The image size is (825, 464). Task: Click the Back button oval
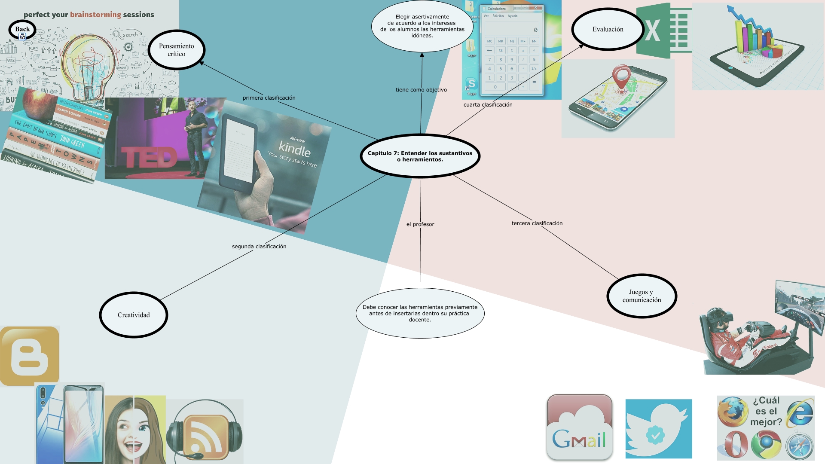(x=22, y=30)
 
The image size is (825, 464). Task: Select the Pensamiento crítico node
(x=177, y=50)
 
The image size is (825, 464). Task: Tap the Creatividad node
(x=134, y=315)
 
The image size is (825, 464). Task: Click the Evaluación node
(x=608, y=29)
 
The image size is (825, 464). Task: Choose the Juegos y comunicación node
(x=642, y=296)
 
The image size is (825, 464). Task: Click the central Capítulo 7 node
(x=420, y=156)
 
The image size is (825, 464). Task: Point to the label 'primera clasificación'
(x=269, y=98)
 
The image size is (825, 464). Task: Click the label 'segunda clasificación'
(x=259, y=247)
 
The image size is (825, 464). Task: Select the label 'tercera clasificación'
(x=537, y=223)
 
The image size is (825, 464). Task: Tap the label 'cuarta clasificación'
(x=488, y=105)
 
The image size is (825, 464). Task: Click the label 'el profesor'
(x=420, y=224)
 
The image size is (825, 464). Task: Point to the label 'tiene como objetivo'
(x=421, y=90)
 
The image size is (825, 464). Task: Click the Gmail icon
(x=579, y=427)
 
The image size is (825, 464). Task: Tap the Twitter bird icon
(x=658, y=429)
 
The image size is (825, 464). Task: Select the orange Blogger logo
(x=30, y=356)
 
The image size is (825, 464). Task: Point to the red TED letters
(x=149, y=157)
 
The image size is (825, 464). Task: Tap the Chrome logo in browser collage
(x=766, y=446)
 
